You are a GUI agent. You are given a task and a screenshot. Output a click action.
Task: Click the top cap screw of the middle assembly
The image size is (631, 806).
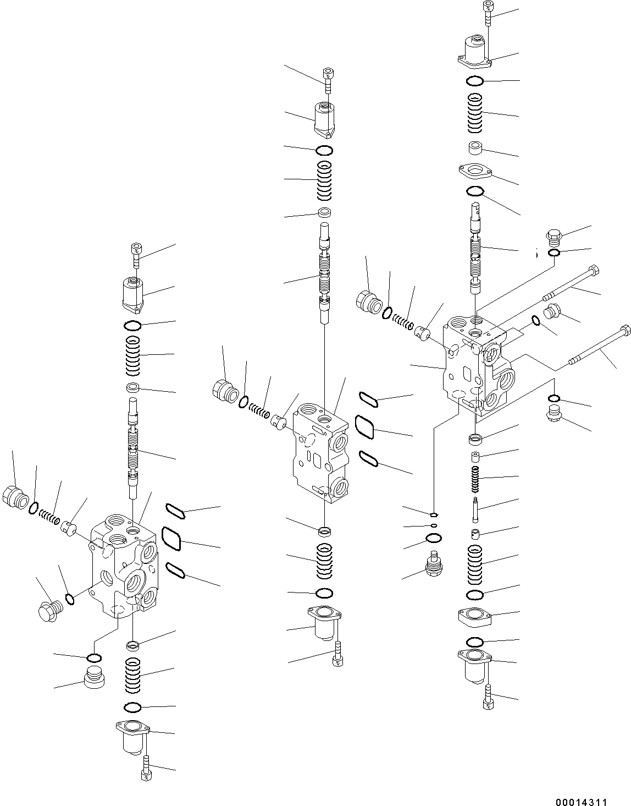(328, 80)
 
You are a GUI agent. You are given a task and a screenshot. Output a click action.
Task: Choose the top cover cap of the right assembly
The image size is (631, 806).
(475, 52)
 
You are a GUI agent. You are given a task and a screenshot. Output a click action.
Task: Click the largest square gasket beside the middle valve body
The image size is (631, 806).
(364, 427)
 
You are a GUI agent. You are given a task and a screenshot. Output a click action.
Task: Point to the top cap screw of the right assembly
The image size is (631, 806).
(489, 13)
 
